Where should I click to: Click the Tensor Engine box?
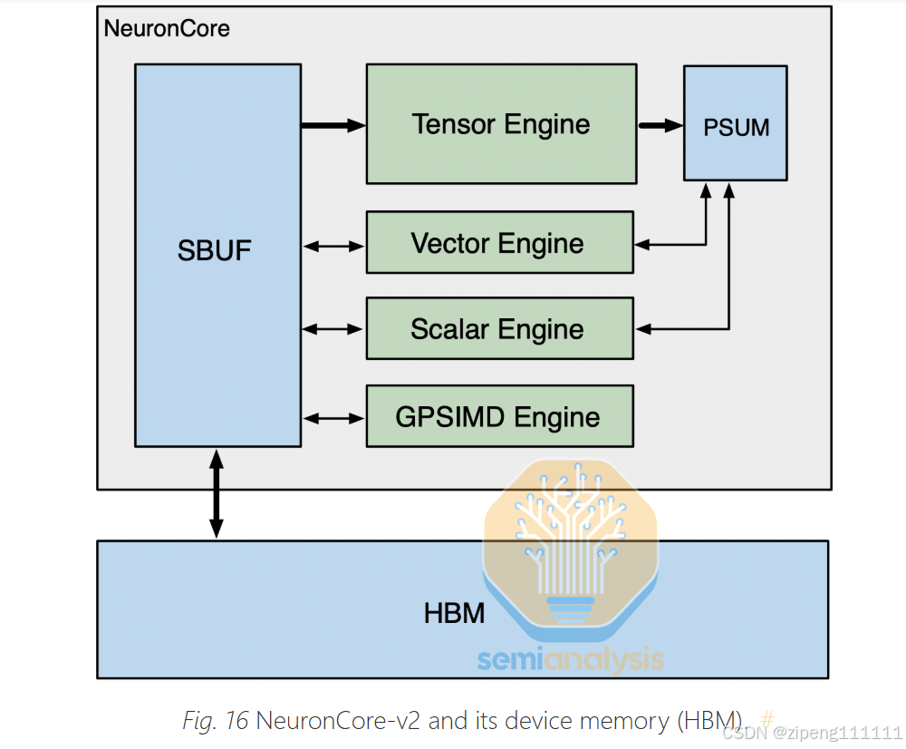(x=500, y=124)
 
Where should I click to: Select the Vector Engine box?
(x=499, y=243)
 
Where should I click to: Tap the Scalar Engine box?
(x=499, y=329)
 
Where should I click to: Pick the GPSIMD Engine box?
(x=499, y=417)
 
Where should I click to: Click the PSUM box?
(x=736, y=127)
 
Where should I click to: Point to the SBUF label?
(x=215, y=251)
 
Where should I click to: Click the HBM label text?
(x=454, y=614)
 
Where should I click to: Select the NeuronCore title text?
(x=167, y=28)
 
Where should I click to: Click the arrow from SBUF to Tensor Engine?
(x=333, y=125)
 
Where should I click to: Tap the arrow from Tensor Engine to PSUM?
(x=660, y=125)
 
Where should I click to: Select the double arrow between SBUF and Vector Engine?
(x=333, y=245)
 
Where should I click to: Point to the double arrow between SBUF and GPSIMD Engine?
(x=333, y=418)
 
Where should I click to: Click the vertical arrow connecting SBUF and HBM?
(x=216, y=493)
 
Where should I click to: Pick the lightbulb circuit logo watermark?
(x=571, y=544)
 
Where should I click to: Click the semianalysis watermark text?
(x=571, y=660)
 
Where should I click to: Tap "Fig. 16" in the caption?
(x=216, y=722)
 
